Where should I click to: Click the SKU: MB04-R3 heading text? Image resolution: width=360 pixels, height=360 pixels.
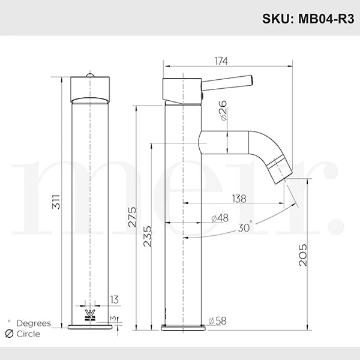[308, 19]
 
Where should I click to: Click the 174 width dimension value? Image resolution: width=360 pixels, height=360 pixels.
[221, 61]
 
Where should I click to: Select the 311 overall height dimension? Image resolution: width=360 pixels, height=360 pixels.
[56, 202]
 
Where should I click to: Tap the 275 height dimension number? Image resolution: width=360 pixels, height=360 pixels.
[132, 217]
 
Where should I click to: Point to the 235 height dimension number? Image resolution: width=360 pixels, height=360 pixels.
[148, 236]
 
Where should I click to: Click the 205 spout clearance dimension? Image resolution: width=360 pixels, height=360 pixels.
[303, 255]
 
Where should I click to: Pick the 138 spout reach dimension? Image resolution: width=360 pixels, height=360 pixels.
[239, 199]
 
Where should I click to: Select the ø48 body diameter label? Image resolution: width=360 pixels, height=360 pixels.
[220, 218]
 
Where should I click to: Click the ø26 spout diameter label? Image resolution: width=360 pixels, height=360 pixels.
[223, 110]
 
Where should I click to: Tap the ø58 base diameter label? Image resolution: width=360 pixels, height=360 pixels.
[218, 321]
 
